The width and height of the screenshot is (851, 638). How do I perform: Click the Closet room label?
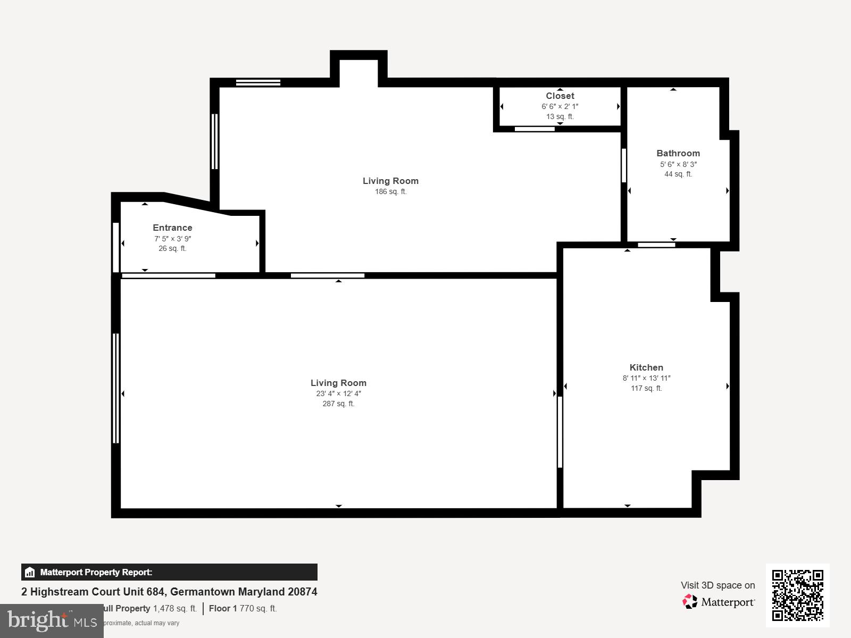[560, 96]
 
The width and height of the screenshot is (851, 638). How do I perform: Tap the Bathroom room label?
[678, 153]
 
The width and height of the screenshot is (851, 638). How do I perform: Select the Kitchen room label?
[646, 367]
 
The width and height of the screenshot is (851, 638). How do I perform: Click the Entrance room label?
[172, 228]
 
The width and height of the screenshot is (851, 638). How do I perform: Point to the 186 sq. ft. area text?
[390, 191]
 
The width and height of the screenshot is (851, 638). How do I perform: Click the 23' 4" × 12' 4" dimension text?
[338, 393]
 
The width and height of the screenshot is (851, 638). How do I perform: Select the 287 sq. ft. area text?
[338, 404]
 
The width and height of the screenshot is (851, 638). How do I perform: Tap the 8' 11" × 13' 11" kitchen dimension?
[646, 378]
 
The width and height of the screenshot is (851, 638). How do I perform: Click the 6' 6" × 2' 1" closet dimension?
[560, 106]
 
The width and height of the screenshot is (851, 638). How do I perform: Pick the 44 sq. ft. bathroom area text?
[678, 174]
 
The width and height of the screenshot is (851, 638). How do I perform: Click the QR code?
[797, 595]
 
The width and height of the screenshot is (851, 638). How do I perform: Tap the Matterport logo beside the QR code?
[719, 602]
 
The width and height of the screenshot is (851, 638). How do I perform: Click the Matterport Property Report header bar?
[169, 572]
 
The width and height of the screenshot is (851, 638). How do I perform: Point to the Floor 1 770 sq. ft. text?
[243, 608]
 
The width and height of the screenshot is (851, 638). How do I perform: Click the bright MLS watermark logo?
[52, 620]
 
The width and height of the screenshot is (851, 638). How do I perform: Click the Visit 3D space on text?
[717, 585]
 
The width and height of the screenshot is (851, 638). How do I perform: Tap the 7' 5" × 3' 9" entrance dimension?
[172, 239]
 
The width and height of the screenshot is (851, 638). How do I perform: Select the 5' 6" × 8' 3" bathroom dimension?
[678, 164]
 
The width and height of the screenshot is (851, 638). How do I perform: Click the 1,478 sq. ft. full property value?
[175, 608]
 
